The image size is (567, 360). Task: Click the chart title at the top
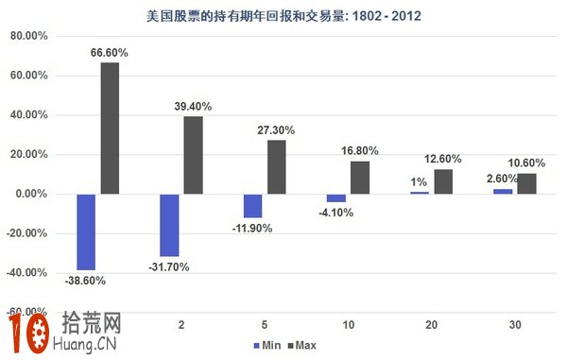click(283, 15)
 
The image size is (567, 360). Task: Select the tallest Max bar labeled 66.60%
click(110, 128)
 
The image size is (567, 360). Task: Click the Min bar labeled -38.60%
click(86, 231)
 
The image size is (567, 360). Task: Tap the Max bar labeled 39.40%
click(193, 155)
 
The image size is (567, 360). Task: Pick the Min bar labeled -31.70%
click(169, 225)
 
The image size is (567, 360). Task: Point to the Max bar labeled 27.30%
click(276, 166)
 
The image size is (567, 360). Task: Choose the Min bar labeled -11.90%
click(252, 205)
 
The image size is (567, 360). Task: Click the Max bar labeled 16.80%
click(359, 177)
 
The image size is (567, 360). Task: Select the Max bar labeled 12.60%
click(442, 181)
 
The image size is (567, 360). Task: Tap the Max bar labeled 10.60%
click(526, 183)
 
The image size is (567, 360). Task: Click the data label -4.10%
click(337, 212)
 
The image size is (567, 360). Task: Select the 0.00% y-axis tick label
click(28, 194)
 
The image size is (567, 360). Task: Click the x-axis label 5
click(264, 324)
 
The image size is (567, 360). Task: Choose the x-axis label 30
click(514, 324)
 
